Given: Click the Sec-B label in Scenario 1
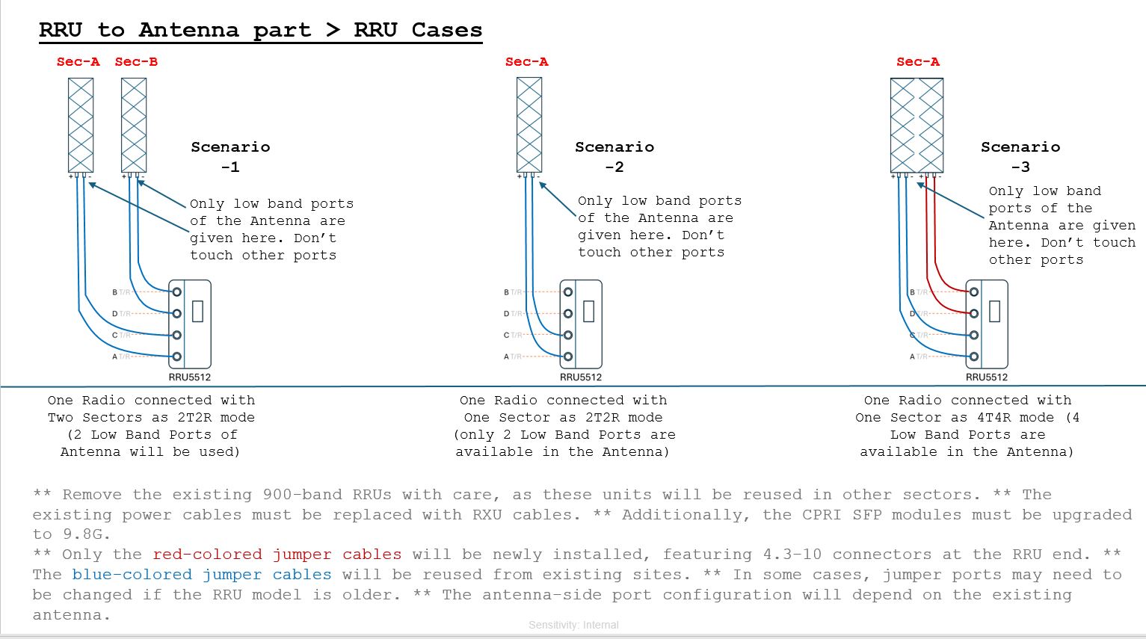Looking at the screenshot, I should point(136,62).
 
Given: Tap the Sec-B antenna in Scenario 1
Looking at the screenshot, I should point(134,126).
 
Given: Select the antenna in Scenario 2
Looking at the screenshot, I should point(529,126).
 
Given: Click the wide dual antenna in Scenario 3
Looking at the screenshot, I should point(917,126).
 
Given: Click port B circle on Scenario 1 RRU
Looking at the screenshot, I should point(177,291).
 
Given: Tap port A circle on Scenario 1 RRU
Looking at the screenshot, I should point(177,356).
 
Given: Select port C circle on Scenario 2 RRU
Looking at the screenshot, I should point(568,335).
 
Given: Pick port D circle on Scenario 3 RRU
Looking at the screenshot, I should point(973,313).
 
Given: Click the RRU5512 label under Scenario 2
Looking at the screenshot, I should point(581,377).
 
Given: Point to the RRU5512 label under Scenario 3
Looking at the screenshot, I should point(987,377).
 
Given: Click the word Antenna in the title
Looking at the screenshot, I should point(188,31).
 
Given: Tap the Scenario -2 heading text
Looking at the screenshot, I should point(614,156).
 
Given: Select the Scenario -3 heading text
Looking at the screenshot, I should point(1020,156).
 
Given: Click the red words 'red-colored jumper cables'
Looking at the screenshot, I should point(277,555).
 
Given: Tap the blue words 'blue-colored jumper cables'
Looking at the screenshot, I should point(202,575).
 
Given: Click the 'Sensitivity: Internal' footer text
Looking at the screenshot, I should point(573,625).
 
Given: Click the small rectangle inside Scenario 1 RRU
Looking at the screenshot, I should point(197,311).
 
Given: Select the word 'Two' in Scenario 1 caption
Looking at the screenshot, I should point(61,418).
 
